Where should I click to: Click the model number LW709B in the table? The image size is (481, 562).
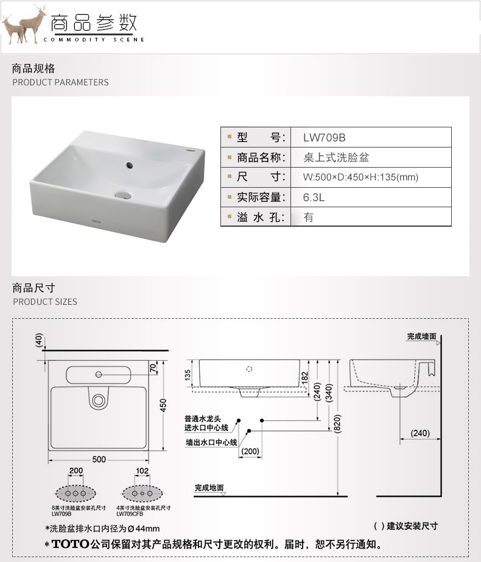point(325,138)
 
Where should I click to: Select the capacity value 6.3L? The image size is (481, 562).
point(315,197)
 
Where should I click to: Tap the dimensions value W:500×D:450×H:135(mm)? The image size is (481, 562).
point(360,177)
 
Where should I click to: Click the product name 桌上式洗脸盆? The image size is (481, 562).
point(336,158)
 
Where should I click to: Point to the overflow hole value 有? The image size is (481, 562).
point(309,217)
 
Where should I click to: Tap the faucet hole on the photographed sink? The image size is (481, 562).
point(128,165)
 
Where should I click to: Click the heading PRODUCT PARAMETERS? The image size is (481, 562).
point(60,82)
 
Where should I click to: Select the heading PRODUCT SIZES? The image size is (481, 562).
point(45,302)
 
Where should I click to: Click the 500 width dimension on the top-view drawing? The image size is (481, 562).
point(99,459)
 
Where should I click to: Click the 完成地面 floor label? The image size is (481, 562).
point(209,488)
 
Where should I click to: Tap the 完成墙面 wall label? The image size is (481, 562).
point(422,336)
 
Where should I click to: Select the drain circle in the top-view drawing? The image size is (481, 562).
point(97,400)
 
